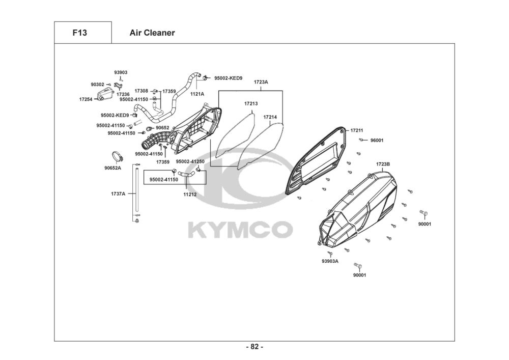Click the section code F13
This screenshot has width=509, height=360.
[80, 33]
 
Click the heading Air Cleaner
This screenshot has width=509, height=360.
[152, 33]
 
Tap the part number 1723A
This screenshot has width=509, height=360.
[261, 82]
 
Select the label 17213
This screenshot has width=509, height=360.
[251, 104]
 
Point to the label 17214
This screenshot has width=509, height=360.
[270, 117]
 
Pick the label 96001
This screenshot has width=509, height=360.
[377, 140]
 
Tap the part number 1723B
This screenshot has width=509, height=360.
[383, 164]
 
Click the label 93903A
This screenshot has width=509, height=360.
[330, 261]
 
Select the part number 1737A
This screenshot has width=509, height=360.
[118, 193]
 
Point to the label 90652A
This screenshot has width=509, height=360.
[113, 168]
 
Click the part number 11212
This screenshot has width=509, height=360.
[190, 195]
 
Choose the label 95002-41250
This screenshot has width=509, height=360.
[190, 161]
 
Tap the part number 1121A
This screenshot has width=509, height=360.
[197, 94]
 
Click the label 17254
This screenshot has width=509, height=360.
[86, 99]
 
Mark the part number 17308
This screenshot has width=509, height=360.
[142, 91]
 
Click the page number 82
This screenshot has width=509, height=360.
[254, 347]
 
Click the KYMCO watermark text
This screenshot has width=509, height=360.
[241, 230]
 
